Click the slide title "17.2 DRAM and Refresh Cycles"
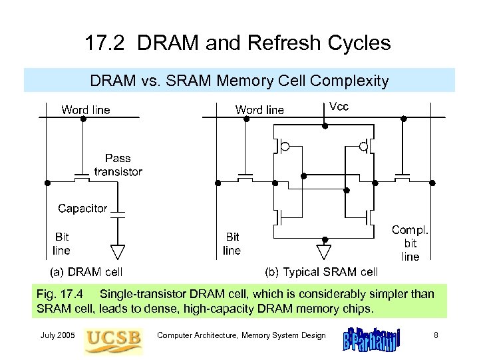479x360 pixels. pyautogui.click(x=238, y=43)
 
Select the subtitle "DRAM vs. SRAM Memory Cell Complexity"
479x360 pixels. pyautogui.click(x=239, y=81)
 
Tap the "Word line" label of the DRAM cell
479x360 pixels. pyautogui.click(x=86, y=109)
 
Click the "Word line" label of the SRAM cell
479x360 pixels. pyautogui.click(x=259, y=110)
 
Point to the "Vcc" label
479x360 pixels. pyautogui.click(x=339, y=107)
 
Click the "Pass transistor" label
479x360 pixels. pyautogui.click(x=118, y=165)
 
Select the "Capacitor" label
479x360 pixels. pyautogui.click(x=82, y=208)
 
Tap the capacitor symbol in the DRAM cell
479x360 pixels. pyautogui.click(x=118, y=215)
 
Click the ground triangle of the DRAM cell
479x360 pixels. pyautogui.click(x=118, y=251)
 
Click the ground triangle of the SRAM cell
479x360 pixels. pyautogui.click(x=324, y=251)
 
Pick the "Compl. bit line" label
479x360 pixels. pyautogui.click(x=410, y=243)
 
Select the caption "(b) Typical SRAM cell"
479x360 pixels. pyautogui.click(x=321, y=272)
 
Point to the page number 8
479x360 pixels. pyautogui.click(x=436, y=335)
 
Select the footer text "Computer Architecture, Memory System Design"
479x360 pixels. pyautogui.click(x=241, y=335)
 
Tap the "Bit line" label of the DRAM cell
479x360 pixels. pyautogui.click(x=61, y=243)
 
